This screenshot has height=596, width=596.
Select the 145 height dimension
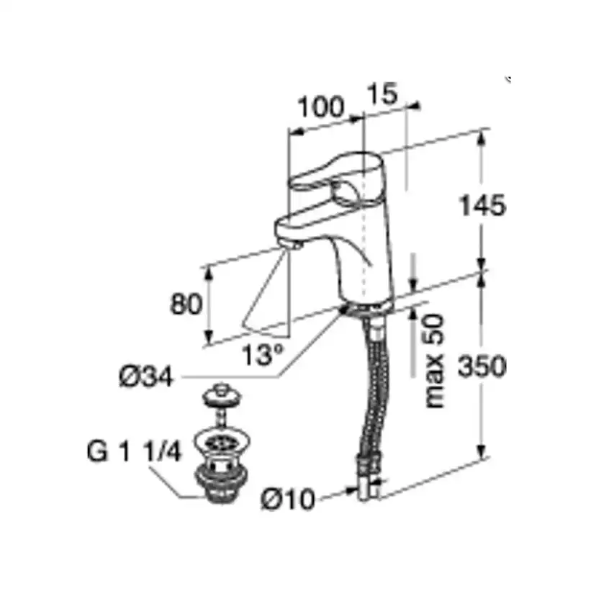click(483, 206)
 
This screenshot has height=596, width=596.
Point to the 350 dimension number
click(483, 367)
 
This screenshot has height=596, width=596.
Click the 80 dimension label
click(185, 304)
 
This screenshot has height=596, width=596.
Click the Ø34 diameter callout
click(147, 376)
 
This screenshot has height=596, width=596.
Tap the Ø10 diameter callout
click(288, 499)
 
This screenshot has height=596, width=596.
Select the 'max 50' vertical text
click(434, 361)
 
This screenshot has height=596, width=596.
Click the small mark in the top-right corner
click(509, 78)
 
